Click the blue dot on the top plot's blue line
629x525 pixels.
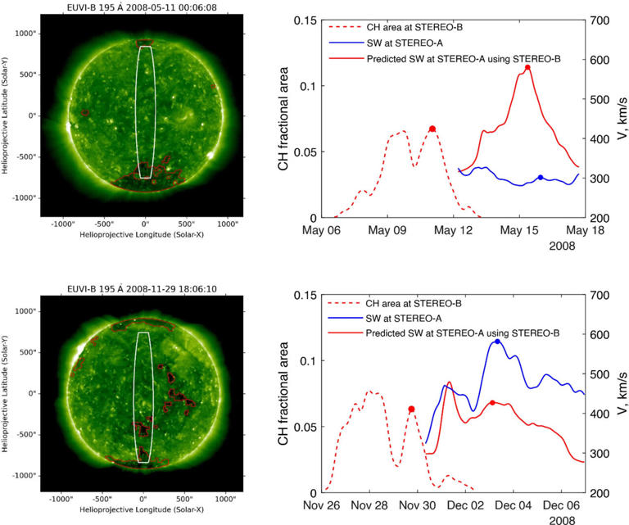tap(541, 178)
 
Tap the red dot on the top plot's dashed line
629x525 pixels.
tap(432, 129)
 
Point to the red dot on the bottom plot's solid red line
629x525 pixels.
tap(491, 403)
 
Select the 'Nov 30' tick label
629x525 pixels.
tap(410, 505)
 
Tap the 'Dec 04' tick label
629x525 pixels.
tap(514, 505)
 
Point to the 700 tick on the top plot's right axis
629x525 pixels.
tap(599, 20)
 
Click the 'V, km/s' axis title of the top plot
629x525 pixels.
tap(622, 120)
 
